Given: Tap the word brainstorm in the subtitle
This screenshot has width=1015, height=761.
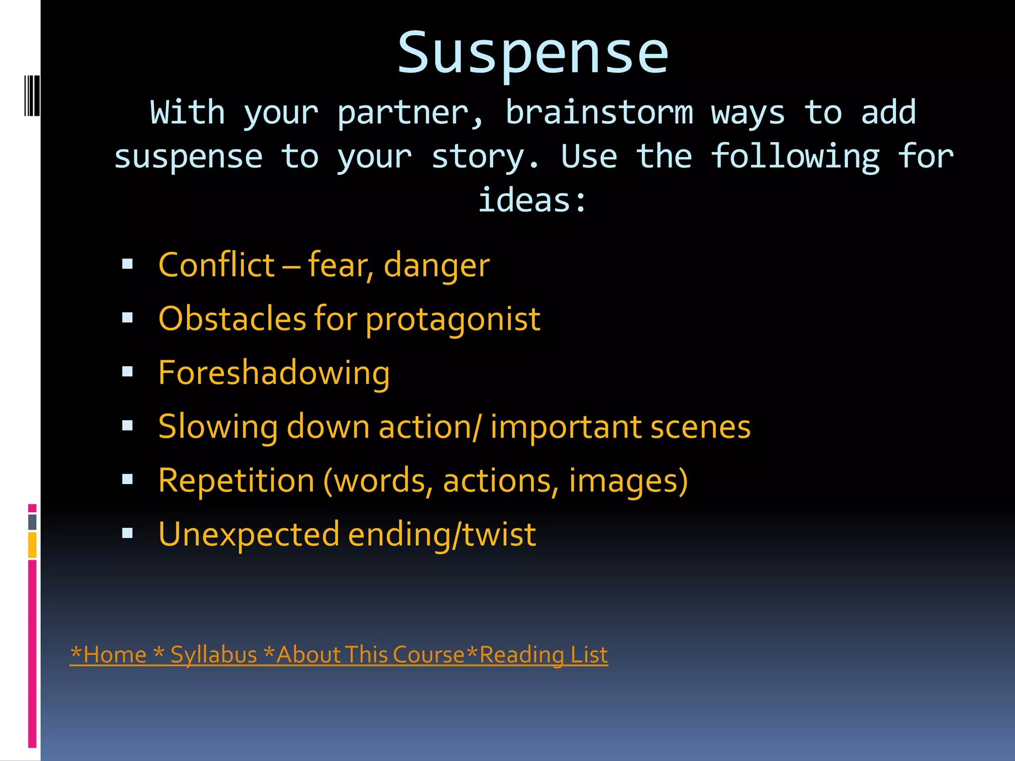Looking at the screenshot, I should [x=599, y=112].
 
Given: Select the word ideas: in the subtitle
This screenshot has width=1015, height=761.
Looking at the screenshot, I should [x=532, y=201].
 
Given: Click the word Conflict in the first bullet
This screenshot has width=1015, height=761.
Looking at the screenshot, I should [x=216, y=265].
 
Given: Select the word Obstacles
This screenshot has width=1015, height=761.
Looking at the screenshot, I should [x=232, y=319].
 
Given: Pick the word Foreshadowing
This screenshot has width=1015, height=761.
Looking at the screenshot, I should [x=274, y=373].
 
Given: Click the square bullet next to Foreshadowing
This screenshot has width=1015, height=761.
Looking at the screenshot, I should [x=127, y=372].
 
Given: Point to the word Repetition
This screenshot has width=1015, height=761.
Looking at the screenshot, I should [x=236, y=481].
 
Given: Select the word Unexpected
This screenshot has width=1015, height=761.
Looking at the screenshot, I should [x=248, y=535].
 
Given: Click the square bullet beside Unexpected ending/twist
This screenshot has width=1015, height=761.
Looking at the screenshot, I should [x=127, y=533].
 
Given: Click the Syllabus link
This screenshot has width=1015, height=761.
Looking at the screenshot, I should [x=213, y=655].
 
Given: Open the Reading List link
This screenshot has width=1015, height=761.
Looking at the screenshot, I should [x=543, y=655].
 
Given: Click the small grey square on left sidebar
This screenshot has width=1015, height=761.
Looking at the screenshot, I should [x=32, y=522].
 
